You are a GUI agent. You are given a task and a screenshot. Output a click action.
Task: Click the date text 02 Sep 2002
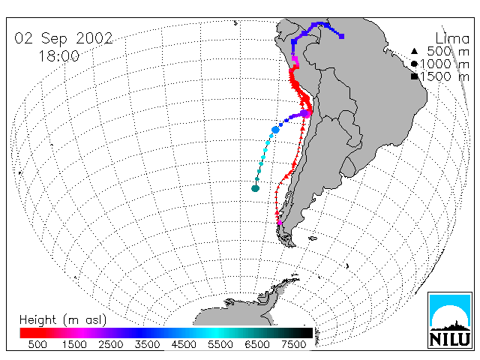coord(64,38)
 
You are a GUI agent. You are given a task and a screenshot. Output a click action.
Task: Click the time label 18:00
coord(58,56)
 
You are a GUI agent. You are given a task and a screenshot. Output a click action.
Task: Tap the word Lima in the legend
coord(452,39)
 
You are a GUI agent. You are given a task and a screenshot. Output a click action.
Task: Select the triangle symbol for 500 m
coord(414,51)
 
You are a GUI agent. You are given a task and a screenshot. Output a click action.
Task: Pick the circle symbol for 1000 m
coord(414,64)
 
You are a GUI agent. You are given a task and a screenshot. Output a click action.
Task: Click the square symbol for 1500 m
coord(414,76)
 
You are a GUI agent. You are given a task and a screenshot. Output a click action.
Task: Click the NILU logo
coord(450,320)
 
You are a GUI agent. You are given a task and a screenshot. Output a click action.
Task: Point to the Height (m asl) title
coord(63,320)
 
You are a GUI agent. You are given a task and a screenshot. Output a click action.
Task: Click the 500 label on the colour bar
coord(37,345)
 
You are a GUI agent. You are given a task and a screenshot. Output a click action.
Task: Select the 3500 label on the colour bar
coord(147,345)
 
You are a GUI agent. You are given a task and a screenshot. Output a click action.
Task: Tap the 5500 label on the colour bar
coord(220,345)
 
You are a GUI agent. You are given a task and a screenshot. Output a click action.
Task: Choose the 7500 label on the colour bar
coord(293,345)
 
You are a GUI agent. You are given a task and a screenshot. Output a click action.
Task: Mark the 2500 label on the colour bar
coord(111,345)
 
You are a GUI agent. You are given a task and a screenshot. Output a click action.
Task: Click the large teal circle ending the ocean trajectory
coord(255,188)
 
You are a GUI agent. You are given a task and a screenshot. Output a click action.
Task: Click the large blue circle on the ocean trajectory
coord(275,130)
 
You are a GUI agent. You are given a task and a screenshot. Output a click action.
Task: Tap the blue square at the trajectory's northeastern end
coord(342,37)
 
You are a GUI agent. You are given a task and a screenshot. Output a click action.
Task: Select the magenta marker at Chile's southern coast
coord(280,223)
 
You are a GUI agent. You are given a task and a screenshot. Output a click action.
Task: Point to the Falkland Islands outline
coord(313,238)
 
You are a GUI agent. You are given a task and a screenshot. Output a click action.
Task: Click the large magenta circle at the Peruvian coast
coord(305,114)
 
